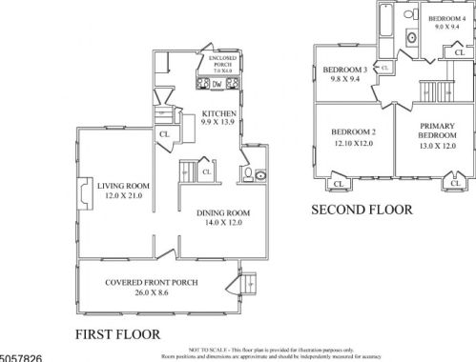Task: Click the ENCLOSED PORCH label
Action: [221, 61]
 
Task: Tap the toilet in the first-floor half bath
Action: [245, 174]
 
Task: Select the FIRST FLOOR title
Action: [116, 333]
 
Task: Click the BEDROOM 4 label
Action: [446, 19]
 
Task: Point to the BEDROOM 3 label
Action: [345, 70]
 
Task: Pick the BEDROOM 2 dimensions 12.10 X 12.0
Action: [351, 144]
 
